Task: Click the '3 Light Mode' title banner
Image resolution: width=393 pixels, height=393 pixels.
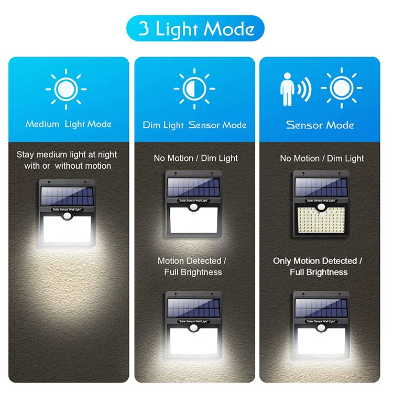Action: point(196,29)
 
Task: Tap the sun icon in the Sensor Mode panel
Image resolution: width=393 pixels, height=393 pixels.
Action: point(342,88)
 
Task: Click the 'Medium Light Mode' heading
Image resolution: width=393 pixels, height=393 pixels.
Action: point(69,124)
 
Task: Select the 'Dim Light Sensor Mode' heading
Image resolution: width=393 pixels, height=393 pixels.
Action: point(194,125)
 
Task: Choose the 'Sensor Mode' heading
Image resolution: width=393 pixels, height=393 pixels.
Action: point(320,125)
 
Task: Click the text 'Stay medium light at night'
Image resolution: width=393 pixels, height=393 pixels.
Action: point(67,155)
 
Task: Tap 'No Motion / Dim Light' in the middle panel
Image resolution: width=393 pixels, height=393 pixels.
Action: point(195,158)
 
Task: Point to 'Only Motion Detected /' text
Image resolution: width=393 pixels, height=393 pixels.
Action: point(318,260)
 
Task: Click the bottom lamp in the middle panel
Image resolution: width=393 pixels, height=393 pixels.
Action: point(193,325)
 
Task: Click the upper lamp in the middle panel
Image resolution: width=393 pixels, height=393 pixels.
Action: point(193,204)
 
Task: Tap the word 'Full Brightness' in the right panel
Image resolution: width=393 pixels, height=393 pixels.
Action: point(319,272)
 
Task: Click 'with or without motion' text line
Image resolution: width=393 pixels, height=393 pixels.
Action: point(68,166)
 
